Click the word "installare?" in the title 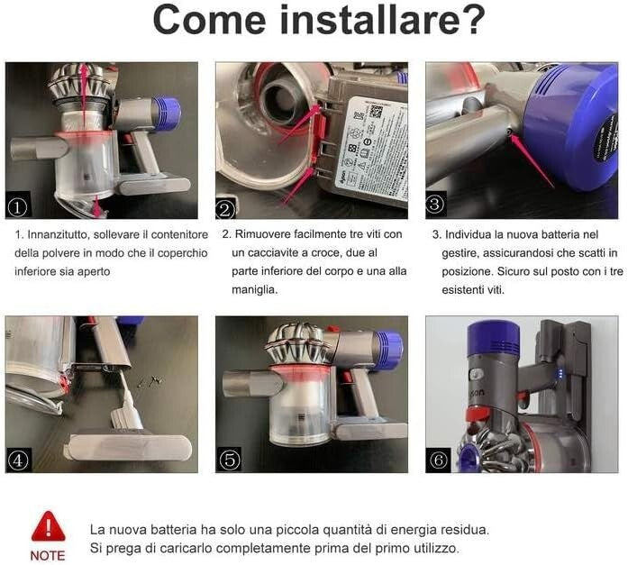(x=383, y=19)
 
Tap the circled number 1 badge (x=18, y=207)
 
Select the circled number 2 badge (x=225, y=209)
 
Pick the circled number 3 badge (x=435, y=204)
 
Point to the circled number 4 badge (x=18, y=460)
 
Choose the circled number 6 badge (x=438, y=460)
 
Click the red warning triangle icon (x=48, y=527)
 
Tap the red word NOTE (x=48, y=555)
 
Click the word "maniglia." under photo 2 (x=255, y=289)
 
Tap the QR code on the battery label (x=376, y=112)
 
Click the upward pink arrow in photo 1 (x=84, y=91)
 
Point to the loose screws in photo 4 (x=149, y=381)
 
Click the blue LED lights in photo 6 (x=560, y=374)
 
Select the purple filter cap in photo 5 (x=387, y=345)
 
